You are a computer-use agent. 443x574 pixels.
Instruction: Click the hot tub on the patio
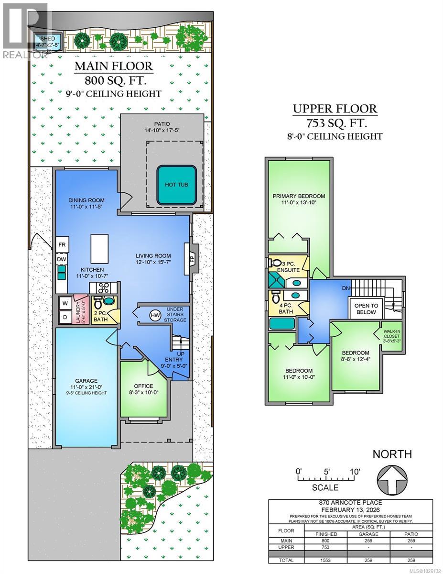[177, 185]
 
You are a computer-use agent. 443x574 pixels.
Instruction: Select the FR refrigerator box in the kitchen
[62, 244]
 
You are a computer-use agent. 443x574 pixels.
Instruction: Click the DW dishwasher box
[62, 259]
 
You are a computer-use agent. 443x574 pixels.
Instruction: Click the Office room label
[143, 386]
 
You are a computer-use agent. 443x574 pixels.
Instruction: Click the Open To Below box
[366, 309]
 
